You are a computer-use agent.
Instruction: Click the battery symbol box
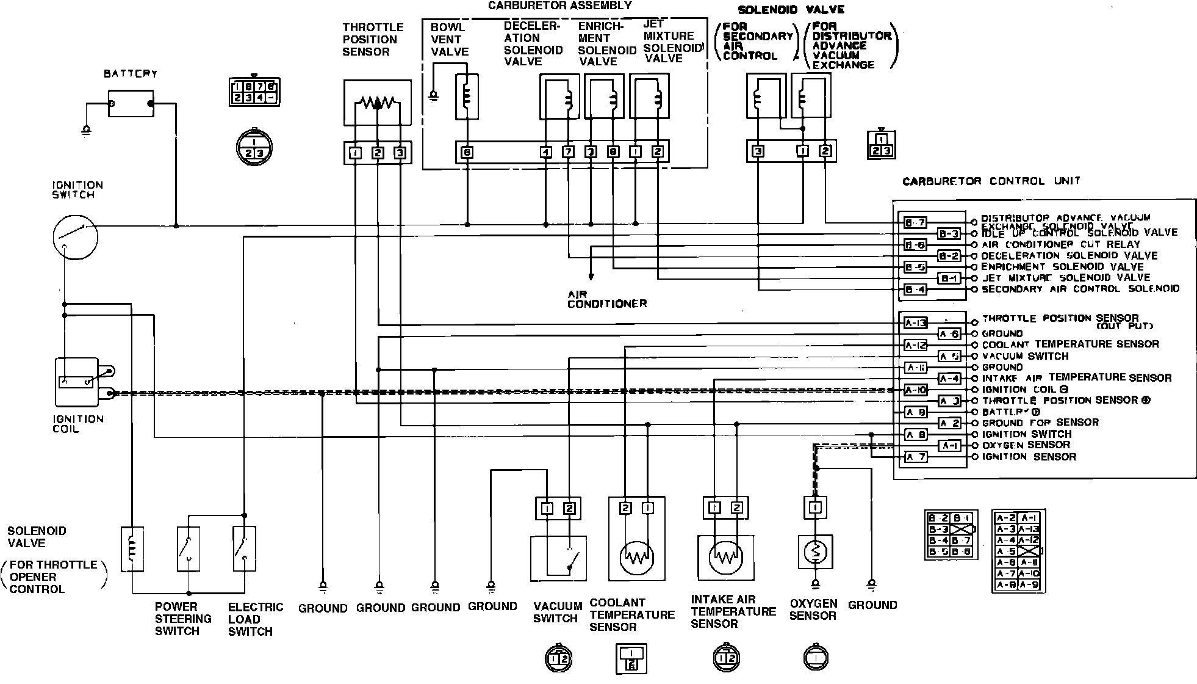click(x=131, y=104)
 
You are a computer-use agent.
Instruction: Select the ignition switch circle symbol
click(x=75, y=237)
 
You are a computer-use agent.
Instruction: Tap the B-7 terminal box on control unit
click(x=915, y=223)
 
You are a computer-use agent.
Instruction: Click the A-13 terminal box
click(x=915, y=323)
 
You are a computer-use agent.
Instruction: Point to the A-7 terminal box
click(x=915, y=457)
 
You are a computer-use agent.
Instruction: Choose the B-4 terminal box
click(x=915, y=289)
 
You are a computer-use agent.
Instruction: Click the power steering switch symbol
click(x=189, y=549)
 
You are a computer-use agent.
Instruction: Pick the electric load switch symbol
click(x=244, y=549)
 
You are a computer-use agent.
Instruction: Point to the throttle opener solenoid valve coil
click(x=132, y=549)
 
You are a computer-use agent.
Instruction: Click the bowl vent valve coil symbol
click(x=467, y=96)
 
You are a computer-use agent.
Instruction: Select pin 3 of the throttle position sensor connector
click(x=400, y=153)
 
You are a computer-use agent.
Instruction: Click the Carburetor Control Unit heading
click(x=991, y=181)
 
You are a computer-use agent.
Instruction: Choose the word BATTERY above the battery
click(x=131, y=74)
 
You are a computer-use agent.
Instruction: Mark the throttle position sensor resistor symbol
click(x=378, y=103)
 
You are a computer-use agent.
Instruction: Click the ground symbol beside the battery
click(x=87, y=129)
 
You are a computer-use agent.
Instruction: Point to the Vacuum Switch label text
click(x=558, y=612)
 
